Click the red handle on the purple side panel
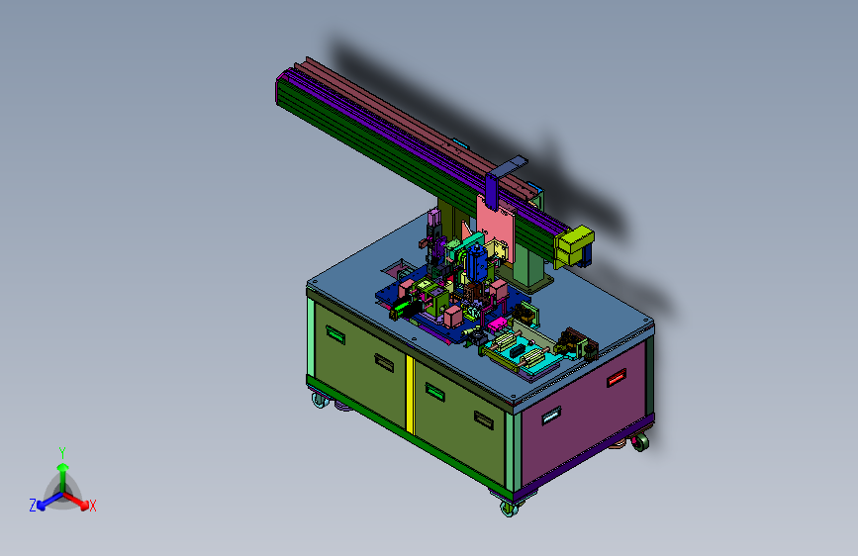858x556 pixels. click(617, 377)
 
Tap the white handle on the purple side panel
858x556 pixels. click(551, 416)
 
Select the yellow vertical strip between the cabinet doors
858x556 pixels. click(410, 394)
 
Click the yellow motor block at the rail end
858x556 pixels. click(574, 245)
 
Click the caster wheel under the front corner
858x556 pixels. click(509, 508)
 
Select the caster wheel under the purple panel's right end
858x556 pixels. click(639, 441)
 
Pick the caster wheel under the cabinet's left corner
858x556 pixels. click(320, 401)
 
